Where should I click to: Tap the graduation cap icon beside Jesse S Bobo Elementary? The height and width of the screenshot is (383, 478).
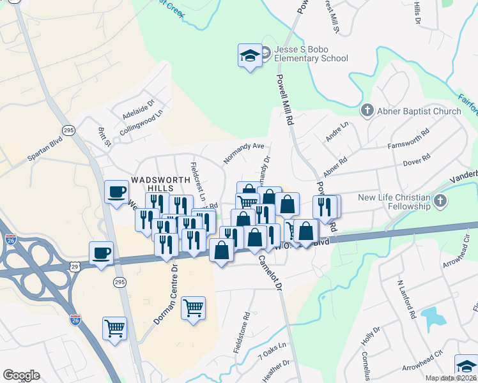249,56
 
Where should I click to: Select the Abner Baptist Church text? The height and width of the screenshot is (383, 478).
419,111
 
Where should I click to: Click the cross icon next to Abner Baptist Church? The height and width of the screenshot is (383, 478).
367,111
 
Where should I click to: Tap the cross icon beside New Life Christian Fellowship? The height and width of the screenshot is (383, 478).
439,202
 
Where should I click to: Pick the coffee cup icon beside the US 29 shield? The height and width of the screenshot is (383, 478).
102,254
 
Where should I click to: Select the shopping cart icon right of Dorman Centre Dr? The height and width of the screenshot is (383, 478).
193,308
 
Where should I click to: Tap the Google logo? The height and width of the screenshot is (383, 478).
21,375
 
